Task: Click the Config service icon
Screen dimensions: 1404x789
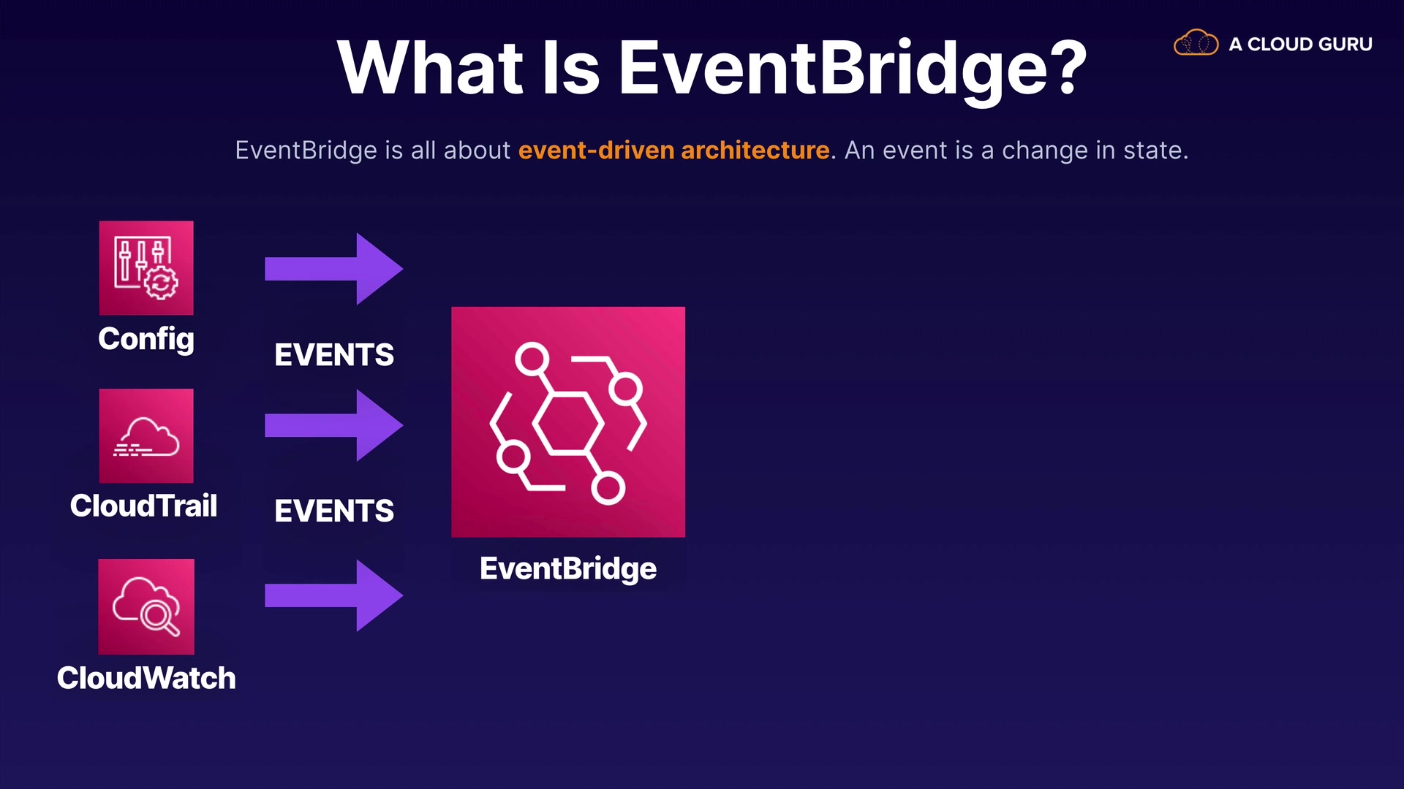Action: (146, 268)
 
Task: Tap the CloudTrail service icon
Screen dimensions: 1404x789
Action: (146, 435)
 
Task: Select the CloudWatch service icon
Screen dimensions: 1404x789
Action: (146, 606)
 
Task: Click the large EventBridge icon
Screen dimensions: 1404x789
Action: (568, 422)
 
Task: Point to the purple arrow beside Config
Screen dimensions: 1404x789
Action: (333, 269)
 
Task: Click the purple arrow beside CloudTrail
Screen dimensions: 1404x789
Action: (333, 425)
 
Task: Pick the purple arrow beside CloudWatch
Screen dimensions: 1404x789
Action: (333, 595)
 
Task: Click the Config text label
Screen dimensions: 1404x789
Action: (146, 340)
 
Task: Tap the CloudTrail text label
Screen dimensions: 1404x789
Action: (144, 506)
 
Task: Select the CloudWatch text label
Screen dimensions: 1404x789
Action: (146, 678)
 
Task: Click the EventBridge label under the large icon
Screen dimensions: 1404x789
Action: (568, 569)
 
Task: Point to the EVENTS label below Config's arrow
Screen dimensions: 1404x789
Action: (334, 355)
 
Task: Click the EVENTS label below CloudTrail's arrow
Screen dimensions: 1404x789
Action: (334, 511)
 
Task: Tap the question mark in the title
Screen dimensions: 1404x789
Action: (1068, 67)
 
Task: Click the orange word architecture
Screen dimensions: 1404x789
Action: (755, 150)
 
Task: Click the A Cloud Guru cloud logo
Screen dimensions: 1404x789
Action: (1196, 43)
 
